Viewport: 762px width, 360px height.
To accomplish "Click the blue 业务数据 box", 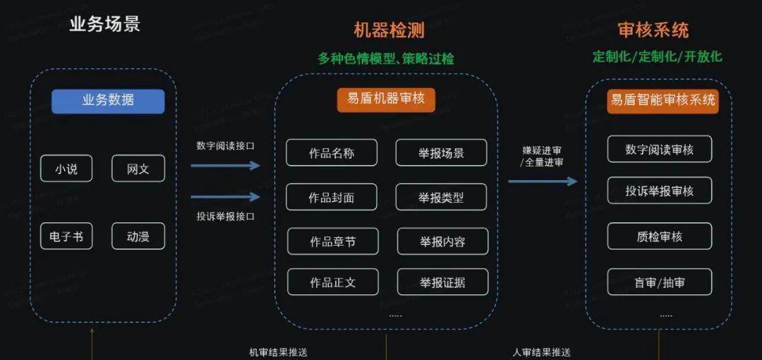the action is (108, 101).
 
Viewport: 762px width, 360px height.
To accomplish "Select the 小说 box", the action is (66, 169).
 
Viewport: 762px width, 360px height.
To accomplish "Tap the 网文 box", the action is (138, 169).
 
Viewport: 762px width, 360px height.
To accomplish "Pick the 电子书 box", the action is (66, 236).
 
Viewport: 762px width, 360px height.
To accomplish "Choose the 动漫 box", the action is (138, 236).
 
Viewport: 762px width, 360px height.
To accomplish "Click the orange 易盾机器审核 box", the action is (386, 99).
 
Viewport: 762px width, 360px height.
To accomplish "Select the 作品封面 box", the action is (332, 198).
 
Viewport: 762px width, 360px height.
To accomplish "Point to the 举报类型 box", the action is (441, 198).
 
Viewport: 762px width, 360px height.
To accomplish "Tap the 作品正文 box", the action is (333, 282).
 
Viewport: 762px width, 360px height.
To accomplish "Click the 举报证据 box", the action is (442, 282).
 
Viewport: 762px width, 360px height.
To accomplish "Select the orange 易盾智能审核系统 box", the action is (663, 100).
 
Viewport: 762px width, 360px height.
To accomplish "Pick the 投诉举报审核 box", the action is (660, 191).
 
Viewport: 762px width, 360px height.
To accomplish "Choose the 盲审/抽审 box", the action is (660, 282).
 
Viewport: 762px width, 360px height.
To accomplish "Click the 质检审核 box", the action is (660, 236).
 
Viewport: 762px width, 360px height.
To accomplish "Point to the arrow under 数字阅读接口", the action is (225, 166).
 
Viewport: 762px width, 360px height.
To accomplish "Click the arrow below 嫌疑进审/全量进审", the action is (543, 181).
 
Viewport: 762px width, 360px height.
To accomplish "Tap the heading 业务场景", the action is (105, 24).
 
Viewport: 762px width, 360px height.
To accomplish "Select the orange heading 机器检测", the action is (389, 30).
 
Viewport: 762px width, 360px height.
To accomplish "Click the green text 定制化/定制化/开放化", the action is (658, 56).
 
